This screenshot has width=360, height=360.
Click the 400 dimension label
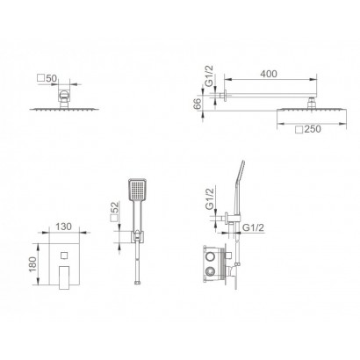tap(269, 74)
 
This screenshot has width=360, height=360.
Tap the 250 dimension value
tap(313, 129)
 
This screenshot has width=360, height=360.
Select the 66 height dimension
tap(198, 104)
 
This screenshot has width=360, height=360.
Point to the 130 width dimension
tap(63, 227)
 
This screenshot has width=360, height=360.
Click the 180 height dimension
tap(32, 264)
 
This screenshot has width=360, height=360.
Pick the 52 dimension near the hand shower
tap(115, 207)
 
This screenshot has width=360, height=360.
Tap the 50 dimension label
tap(51, 78)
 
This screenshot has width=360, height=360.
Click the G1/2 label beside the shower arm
tap(209, 76)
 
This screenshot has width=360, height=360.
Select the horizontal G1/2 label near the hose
tap(254, 227)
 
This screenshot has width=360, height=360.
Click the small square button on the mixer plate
tap(64, 256)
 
